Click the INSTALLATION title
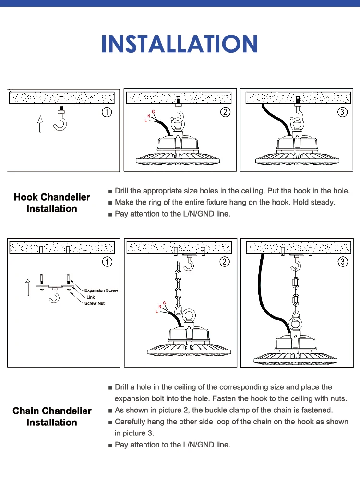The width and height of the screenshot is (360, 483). [180, 44]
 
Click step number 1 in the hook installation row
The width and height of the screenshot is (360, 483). [107, 112]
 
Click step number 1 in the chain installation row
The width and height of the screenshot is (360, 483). [107, 262]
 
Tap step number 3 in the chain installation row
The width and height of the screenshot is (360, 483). [342, 262]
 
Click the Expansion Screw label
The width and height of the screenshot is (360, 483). [101, 290]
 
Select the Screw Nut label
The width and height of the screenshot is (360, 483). [95, 303]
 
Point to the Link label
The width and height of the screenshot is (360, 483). [91, 297]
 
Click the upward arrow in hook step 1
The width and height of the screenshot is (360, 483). [40, 123]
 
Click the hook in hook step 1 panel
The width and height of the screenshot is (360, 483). [61, 123]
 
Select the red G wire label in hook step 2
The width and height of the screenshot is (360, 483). [153, 112]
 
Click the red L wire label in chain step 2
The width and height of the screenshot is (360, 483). [156, 311]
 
